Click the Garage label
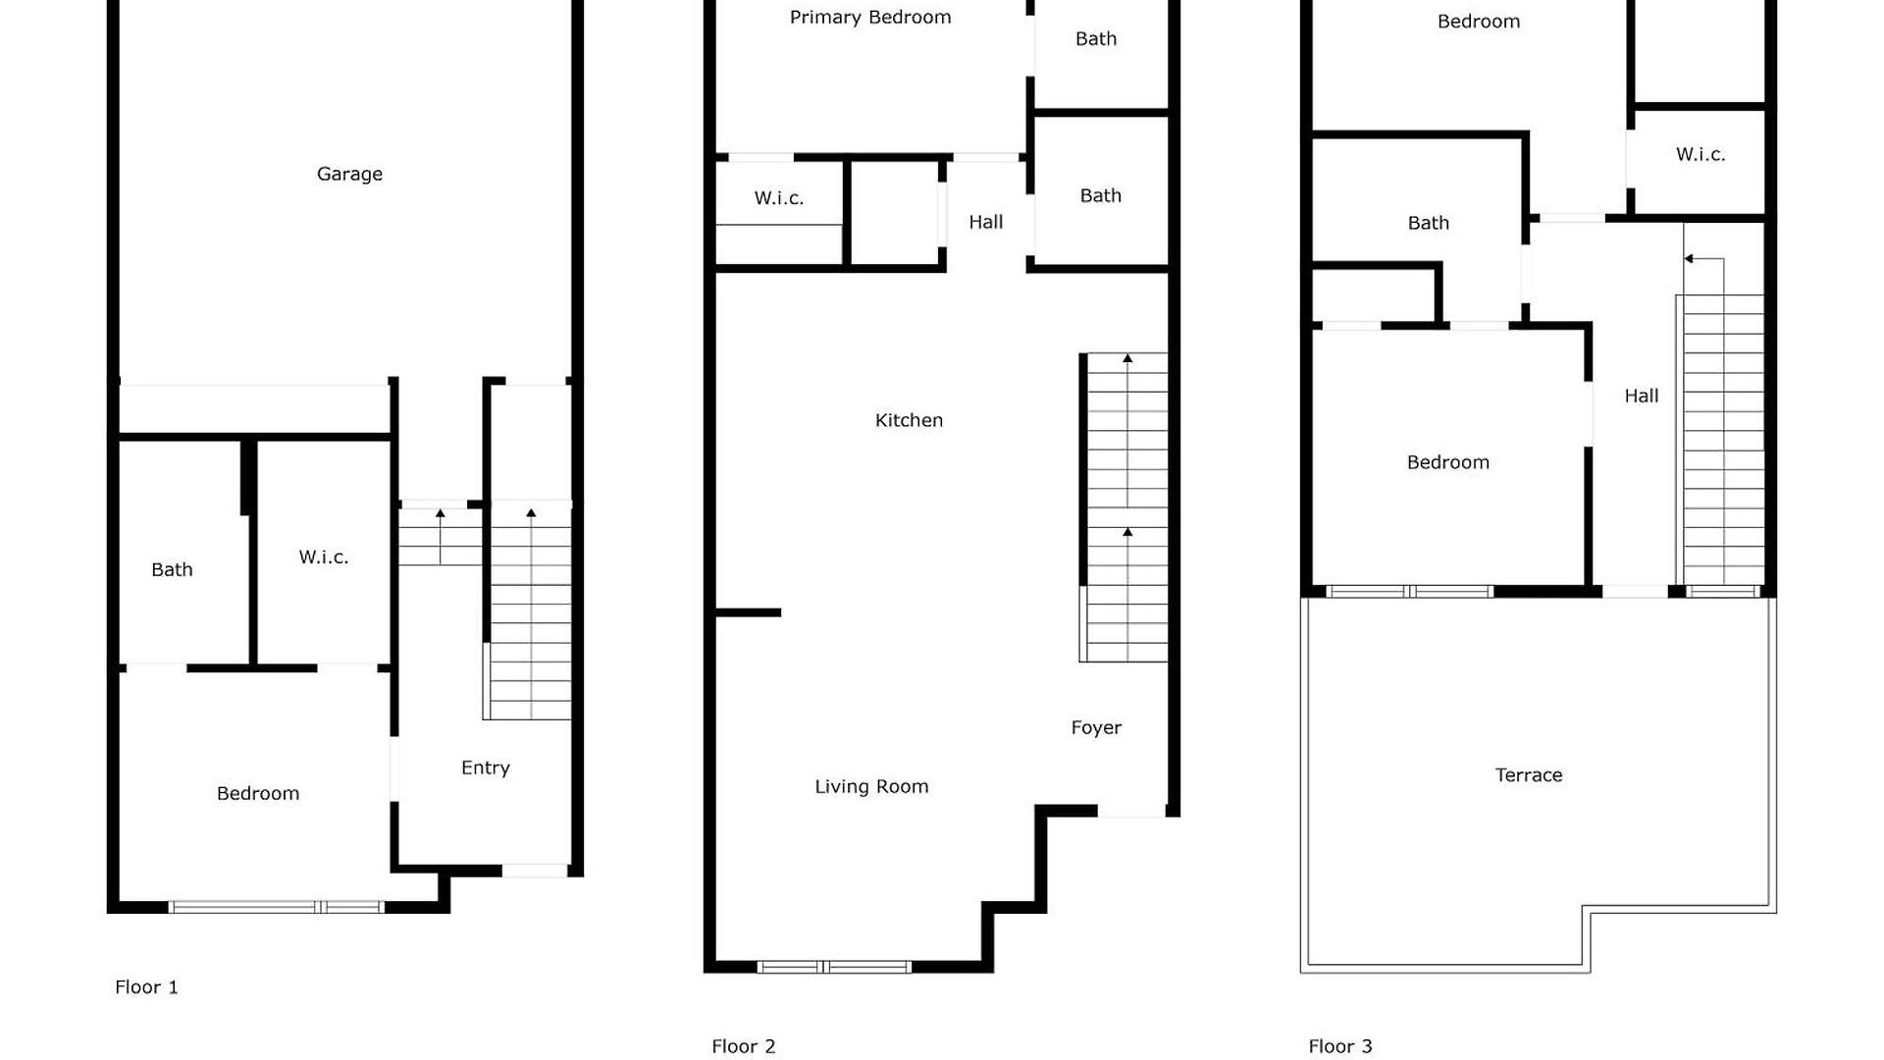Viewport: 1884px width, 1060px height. (349, 175)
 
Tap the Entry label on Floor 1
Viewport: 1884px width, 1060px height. (486, 768)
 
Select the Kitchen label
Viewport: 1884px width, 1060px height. (909, 420)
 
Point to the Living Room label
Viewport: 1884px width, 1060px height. (871, 787)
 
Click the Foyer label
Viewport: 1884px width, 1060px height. (1096, 728)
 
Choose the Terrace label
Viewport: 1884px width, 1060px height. (1529, 775)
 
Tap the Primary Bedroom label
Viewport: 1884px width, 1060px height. (870, 18)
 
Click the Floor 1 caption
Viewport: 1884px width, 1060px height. (146, 987)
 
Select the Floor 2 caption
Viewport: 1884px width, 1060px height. (744, 1046)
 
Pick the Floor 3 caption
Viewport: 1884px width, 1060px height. (1340, 1046)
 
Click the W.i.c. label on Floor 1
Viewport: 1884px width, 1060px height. (324, 557)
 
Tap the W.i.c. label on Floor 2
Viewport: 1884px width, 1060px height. (779, 198)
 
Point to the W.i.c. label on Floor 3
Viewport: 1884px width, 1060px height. (1701, 154)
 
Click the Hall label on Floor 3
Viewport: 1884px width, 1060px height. (1642, 396)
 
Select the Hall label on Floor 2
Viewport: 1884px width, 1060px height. (986, 222)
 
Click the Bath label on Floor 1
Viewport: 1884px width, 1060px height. (172, 569)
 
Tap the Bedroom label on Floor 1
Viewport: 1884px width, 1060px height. (258, 793)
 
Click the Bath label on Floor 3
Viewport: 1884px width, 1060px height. (1429, 223)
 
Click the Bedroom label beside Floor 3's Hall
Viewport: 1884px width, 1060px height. (1448, 462)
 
